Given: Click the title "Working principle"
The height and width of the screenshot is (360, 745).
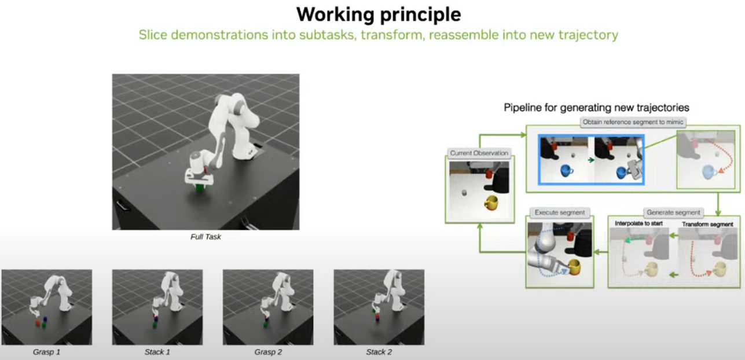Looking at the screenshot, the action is (x=379, y=15).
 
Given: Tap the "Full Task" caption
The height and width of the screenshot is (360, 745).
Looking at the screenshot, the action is (x=205, y=237).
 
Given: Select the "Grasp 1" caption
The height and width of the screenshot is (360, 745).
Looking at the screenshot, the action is (x=46, y=352).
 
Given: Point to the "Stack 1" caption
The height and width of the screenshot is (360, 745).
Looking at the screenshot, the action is (x=157, y=352).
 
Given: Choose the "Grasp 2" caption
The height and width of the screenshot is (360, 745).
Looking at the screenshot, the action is (x=268, y=352).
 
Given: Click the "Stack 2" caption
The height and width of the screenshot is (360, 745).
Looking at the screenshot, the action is (x=379, y=352).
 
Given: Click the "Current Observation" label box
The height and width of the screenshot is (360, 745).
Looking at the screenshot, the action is (x=479, y=153).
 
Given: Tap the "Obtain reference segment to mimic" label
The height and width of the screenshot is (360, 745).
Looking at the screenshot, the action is (x=633, y=122).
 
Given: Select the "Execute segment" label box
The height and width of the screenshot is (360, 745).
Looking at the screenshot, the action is (x=560, y=212).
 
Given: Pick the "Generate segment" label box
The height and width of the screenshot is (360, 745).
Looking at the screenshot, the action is (x=673, y=212).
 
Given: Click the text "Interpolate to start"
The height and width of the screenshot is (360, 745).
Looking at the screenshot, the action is (x=638, y=223).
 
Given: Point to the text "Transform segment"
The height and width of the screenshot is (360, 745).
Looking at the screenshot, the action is (x=707, y=225).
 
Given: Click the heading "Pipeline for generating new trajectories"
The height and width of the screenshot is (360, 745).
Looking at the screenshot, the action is (x=596, y=108).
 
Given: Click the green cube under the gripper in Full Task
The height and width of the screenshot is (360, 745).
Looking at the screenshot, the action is (x=200, y=188).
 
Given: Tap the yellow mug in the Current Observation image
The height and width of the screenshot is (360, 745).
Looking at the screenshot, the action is (x=491, y=203).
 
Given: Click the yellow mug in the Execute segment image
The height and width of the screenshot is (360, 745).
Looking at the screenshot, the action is (x=574, y=267).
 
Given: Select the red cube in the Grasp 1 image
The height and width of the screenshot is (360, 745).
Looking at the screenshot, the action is (x=38, y=323).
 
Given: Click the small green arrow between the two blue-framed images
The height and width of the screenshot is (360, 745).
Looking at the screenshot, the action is (x=591, y=160).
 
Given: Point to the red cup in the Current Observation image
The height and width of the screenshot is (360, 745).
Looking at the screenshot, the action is (x=489, y=174).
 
